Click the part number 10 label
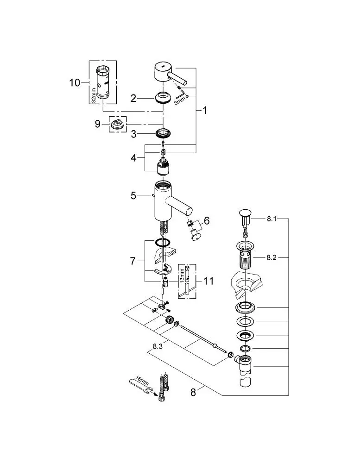[75, 82]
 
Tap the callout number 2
[133, 98]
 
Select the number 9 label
[98, 124]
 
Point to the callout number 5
[133, 195]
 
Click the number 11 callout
[208, 281]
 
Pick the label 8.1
[272, 219]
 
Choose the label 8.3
[158, 346]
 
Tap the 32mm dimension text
[94, 95]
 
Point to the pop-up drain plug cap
[245, 213]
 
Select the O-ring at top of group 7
[163, 243]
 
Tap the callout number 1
[204, 111]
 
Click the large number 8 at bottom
[193, 392]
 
